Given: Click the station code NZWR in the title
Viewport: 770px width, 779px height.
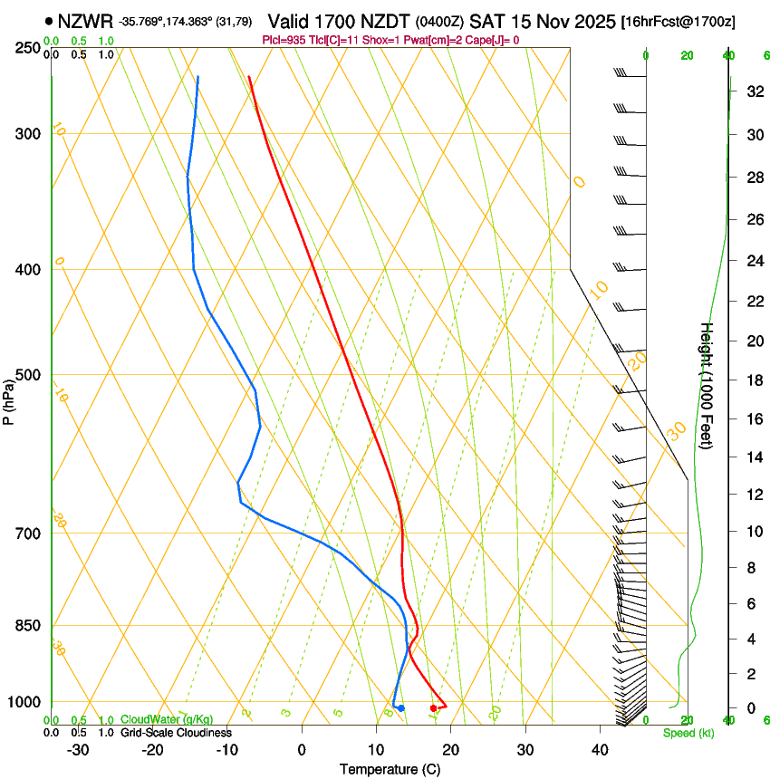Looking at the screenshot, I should coord(84,20).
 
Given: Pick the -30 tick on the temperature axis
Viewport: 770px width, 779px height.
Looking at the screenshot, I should coord(78,749).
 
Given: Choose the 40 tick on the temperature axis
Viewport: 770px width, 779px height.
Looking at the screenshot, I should coord(600,749).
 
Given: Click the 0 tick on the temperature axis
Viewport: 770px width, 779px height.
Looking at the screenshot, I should coord(302,749).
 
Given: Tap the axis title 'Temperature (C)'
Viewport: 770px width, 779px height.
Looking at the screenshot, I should coord(390,769).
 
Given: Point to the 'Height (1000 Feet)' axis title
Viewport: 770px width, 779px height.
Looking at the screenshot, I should coord(707,386).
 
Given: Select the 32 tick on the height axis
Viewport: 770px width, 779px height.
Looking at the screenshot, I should coord(753,91).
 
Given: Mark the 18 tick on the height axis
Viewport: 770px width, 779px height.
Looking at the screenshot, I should coord(753,380).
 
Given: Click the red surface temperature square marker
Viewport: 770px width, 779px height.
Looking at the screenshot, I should coord(434,707).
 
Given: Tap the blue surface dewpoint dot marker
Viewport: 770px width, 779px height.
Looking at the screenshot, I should coord(400,707).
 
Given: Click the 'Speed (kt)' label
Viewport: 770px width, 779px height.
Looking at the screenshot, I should coord(688,733).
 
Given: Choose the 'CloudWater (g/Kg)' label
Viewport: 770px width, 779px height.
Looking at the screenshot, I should coord(167,720).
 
